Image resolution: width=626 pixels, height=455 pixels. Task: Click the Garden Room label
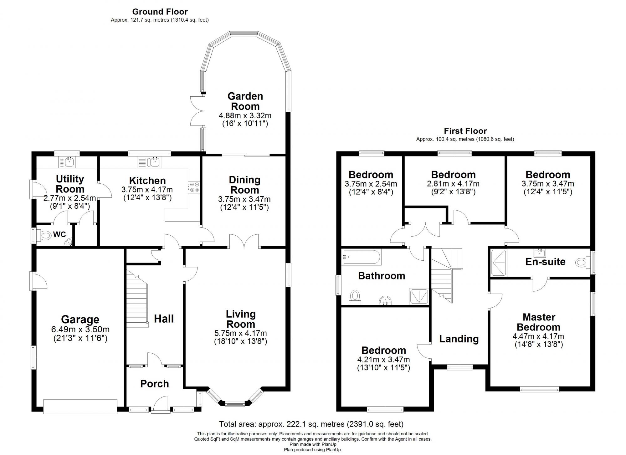point(245,101)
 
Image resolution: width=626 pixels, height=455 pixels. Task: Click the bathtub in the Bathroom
point(362,257)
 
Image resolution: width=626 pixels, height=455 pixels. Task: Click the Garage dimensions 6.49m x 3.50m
point(80,330)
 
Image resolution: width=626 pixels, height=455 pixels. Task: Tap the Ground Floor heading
point(160,12)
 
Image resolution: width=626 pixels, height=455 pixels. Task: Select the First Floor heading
point(465,131)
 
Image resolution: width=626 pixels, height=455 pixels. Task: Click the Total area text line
point(311,424)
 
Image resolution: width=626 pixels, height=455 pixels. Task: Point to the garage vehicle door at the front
point(80,406)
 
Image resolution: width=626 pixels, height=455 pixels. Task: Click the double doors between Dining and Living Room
point(244,241)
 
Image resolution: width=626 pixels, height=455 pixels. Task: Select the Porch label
point(154,384)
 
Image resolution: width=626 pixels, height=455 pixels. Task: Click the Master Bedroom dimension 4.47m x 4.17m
point(538,336)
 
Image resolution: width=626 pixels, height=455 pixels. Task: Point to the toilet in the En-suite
point(581,263)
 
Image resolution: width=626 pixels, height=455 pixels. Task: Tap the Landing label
point(459,339)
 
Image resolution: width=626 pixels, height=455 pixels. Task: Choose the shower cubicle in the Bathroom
point(418,296)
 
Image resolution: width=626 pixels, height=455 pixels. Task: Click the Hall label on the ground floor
point(164,319)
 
